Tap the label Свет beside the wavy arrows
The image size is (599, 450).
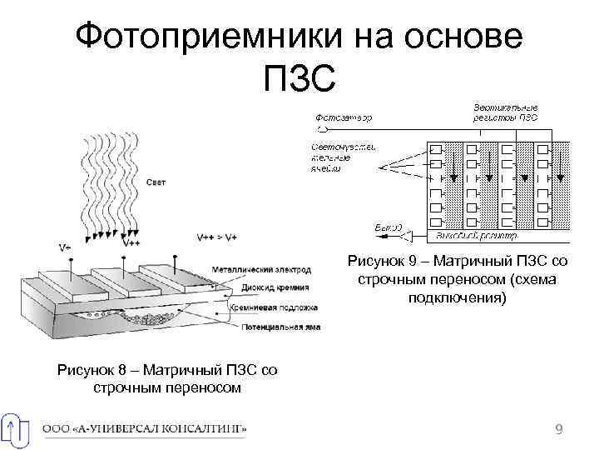(156, 182)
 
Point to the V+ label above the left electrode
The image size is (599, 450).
(65, 247)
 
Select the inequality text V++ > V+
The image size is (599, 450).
(216, 237)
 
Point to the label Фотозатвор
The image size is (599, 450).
(344, 117)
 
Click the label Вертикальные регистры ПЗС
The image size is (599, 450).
(505, 112)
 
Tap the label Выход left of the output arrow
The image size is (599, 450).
(389, 227)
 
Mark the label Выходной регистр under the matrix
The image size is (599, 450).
(471, 236)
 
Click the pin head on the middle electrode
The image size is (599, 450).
(123, 257)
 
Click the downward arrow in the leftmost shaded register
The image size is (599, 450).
(449, 171)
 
